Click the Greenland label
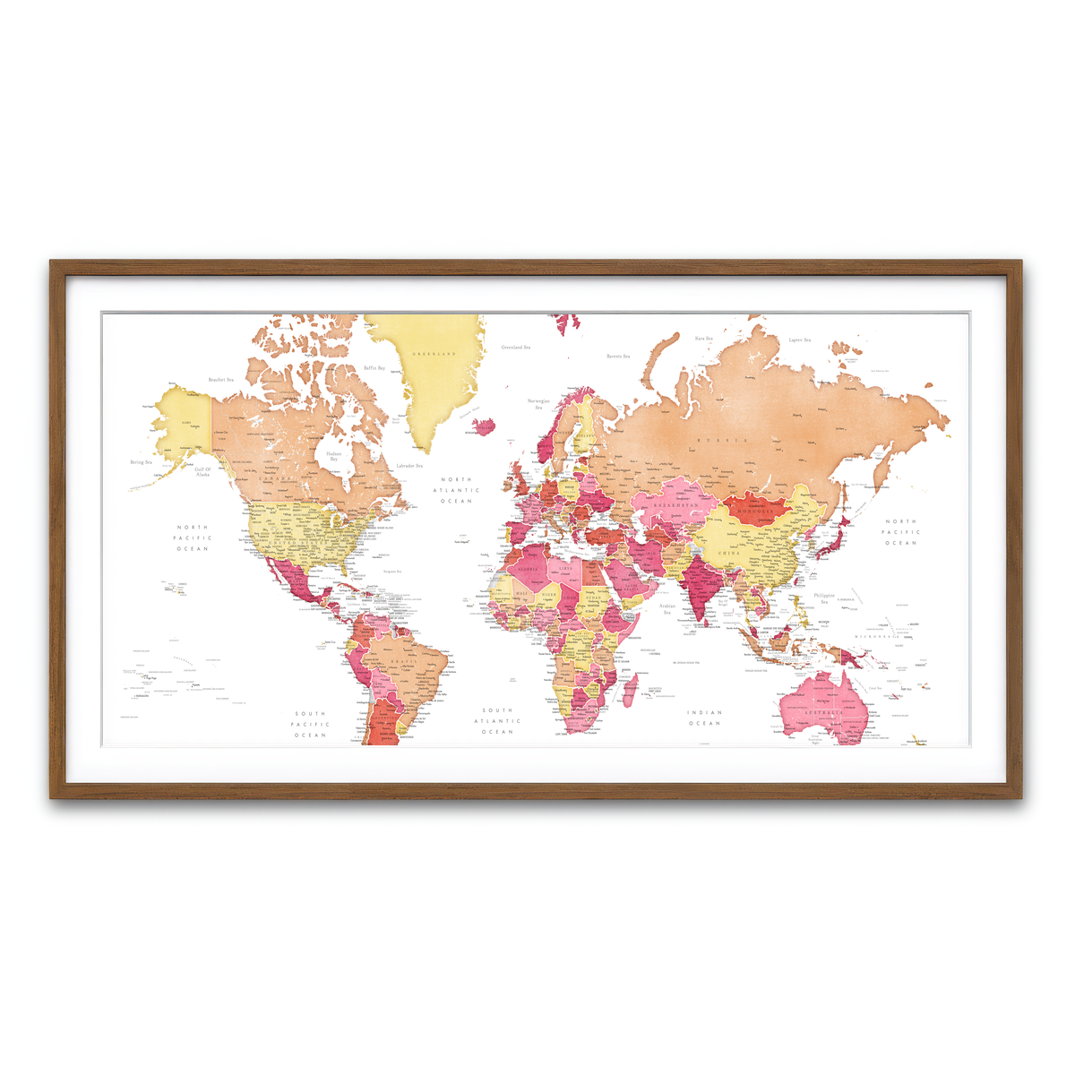coord(434,354)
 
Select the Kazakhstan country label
coord(675,506)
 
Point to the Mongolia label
coord(755,511)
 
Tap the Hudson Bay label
coord(333,456)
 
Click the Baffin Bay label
coord(374,368)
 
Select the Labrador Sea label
coord(409,466)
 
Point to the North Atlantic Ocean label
coord(456,490)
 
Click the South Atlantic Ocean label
coord(497,721)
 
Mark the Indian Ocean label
coord(704,718)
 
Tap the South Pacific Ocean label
coord(311,725)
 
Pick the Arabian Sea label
coord(667,609)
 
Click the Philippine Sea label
coord(824,598)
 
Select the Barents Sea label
coord(618,357)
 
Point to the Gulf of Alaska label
coord(203,471)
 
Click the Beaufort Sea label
coord(220,380)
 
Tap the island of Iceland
coord(484,425)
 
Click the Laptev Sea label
coord(799,340)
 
